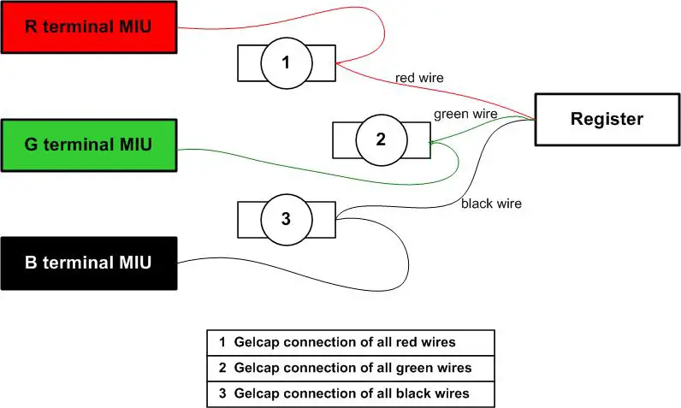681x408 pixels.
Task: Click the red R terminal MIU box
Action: (88, 27)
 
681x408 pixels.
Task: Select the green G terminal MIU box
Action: (88, 145)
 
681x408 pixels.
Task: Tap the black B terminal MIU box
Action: (88, 263)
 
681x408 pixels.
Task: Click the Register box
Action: (607, 119)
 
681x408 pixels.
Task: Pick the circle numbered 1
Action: (286, 63)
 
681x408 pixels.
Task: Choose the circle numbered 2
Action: (381, 139)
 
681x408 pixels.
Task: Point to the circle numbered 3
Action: (286, 218)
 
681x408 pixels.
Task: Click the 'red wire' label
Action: (419, 78)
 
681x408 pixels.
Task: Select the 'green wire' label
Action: (465, 113)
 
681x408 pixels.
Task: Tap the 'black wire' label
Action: (491, 204)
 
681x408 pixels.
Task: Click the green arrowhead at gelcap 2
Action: (435, 145)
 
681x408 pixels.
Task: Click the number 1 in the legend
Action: (222, 342)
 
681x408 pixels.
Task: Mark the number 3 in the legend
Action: (222, 393)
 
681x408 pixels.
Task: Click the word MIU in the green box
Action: (133, 145)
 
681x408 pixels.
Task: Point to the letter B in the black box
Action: (31, 263)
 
